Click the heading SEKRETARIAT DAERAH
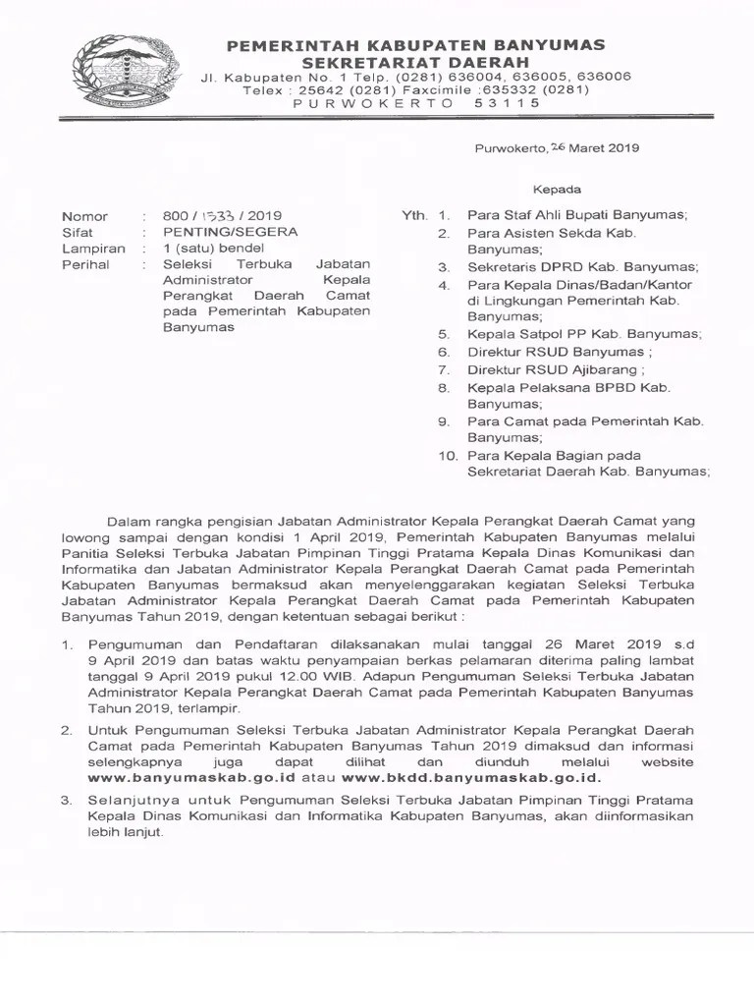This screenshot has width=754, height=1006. [415, 61]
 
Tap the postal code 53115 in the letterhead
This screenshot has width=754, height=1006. [507, 101]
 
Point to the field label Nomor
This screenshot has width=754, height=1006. [84, 216]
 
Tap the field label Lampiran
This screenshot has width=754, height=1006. [93, 249]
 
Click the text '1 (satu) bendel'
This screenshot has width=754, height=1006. [208, 249]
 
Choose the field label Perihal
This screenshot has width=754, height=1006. [85, 264]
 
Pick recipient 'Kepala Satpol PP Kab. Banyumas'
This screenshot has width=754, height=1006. [585, 334]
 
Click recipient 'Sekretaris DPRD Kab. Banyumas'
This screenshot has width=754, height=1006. [583, 267]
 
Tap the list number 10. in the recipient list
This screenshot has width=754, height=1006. [447, 455]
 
